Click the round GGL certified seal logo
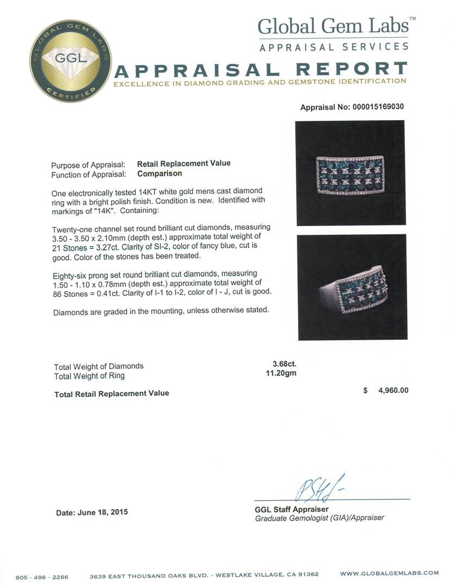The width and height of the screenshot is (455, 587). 71,60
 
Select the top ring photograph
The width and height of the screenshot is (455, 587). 351,173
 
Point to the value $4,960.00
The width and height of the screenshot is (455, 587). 385,390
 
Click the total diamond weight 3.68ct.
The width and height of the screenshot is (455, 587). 284,365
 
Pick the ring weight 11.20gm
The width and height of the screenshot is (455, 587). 284,374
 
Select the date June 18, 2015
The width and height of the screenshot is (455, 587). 92,512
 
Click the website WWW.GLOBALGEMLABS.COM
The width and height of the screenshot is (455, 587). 389,573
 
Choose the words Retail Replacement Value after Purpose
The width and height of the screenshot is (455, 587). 184,163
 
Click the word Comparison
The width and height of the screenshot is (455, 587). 159,174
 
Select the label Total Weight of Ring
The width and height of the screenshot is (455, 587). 89,376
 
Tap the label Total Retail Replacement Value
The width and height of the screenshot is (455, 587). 111,393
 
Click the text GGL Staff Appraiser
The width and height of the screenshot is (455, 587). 291,509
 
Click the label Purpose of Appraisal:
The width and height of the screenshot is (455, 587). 88,165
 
